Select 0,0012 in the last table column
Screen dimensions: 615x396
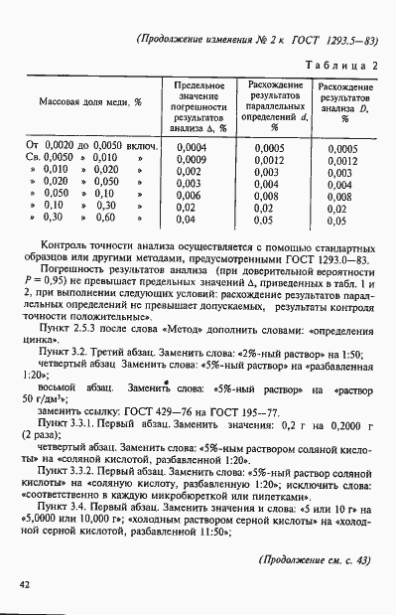tap(339, 160)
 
